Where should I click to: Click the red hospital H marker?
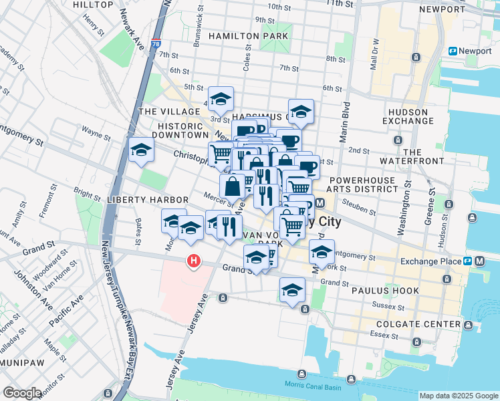pos(194,261)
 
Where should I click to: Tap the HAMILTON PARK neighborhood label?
pos(248,35)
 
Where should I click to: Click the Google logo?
pos(23,393)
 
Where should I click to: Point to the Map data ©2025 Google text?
pos(458,396)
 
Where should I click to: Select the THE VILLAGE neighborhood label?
pos(169,112)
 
